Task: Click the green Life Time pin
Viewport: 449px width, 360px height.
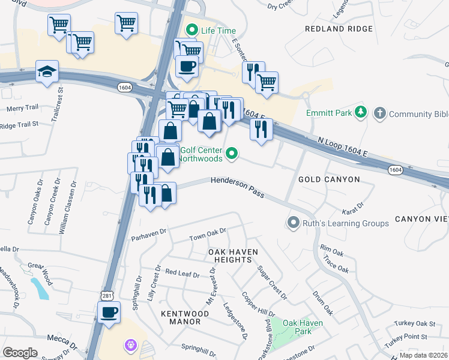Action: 192,29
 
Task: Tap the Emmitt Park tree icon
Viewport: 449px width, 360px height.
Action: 360,112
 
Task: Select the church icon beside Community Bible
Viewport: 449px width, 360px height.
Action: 379,113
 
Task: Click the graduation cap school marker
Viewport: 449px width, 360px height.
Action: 47,71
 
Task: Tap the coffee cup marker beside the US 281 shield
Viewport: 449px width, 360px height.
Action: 109,313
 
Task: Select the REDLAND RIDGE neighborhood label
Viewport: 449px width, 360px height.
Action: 334,29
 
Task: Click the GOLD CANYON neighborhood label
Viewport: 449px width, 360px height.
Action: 329,179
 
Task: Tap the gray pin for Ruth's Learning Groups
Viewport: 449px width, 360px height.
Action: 293,223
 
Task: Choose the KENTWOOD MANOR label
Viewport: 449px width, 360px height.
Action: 181,317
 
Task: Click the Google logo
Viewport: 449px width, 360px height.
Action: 20,352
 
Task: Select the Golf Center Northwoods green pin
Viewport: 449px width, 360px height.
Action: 232,155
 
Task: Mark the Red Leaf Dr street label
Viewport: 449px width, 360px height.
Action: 182,274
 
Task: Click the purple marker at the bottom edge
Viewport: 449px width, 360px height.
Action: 131,346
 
